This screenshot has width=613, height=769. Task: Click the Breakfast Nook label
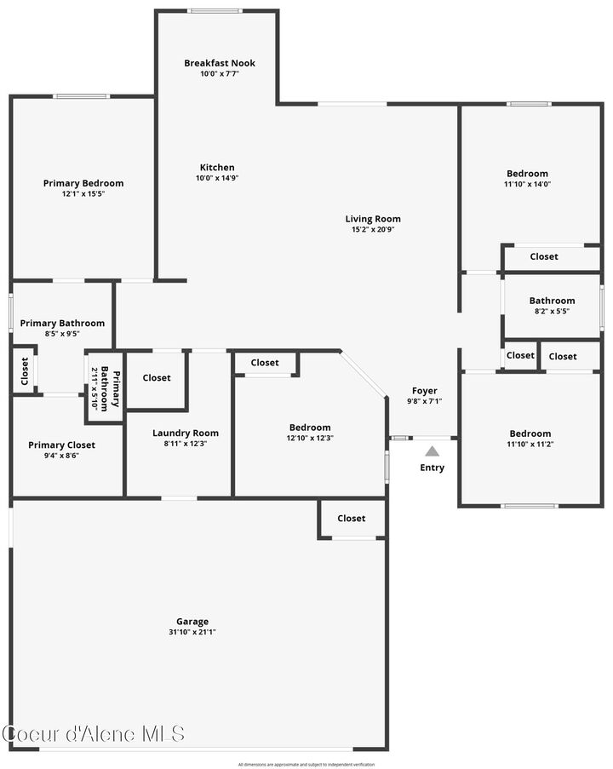[220, 63]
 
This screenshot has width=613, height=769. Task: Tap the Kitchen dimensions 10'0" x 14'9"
[217, 178]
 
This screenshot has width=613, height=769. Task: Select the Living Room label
[373, 219]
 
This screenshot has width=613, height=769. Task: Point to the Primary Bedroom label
[83, 183]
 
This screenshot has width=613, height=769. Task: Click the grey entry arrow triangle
[433, 451]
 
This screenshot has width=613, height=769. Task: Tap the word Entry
[433, 468]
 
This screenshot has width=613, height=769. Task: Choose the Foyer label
[425, 391]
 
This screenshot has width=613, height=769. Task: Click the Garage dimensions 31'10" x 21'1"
[192, 632]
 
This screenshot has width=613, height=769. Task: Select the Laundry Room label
[186, 433]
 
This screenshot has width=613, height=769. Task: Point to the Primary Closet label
[62, 445]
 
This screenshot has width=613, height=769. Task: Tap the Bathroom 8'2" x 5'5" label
[552, 305]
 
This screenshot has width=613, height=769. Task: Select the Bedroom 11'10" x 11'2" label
[530, 438]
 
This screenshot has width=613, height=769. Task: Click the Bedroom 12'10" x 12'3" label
[310, 432]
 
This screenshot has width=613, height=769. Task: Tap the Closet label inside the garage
[352, 518]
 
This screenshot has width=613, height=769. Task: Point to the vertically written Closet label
[24, 370]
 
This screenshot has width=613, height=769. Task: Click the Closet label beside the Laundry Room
[157, 378]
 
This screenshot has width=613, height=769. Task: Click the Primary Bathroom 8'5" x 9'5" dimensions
[62, 333]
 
